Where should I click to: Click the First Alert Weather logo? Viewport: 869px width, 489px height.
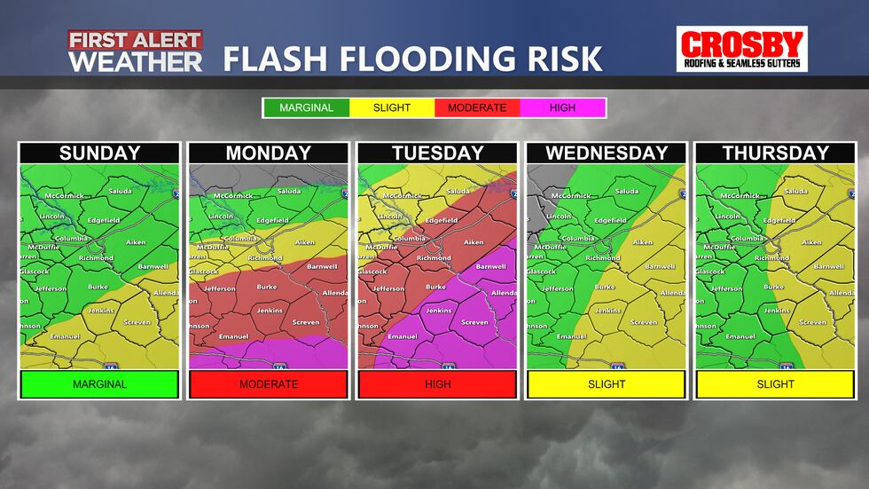[x=136, y=51]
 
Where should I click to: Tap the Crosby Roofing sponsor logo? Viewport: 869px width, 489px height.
[x=741, y=49]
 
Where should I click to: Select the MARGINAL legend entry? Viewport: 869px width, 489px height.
[x=306, y=108]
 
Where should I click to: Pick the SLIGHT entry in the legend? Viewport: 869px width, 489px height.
[x=392, y=108]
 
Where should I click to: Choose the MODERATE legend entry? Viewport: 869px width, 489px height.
[x=477, y=108]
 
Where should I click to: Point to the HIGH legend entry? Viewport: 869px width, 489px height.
[x=562, y=108]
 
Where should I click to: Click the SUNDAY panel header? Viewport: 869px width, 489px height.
[x=100, y=153]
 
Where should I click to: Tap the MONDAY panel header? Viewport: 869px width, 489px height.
[x=269, y=153]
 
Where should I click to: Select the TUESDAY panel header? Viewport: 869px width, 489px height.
[x=437, y=153]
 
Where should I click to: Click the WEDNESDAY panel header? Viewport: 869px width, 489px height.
[x=606, y=153]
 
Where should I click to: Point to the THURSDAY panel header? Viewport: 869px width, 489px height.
[x=774, y=153]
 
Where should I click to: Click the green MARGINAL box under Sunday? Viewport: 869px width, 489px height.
[x=100, y=384]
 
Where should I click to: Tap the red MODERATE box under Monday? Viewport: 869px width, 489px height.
[x=269, y=384]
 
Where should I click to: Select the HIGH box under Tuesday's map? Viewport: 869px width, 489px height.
[x=437, y=384]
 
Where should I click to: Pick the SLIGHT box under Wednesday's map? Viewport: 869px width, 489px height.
[x=606, y=384]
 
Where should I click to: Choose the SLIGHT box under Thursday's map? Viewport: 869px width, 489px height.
[x=774, y=384]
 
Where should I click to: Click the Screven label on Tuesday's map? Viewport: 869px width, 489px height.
[x=474, y=322]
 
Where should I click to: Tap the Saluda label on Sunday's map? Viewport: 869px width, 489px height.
[x=121, y=191]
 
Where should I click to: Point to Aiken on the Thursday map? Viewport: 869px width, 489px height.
[x=811, y=242]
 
